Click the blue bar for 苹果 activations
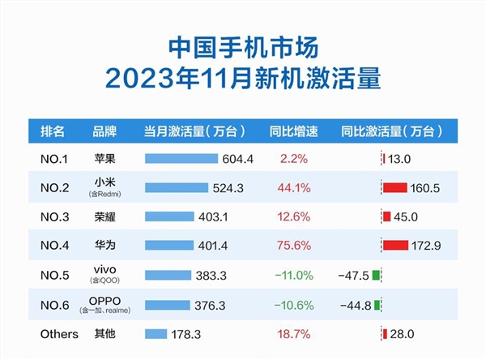pyautogui.click(x=182, y=158)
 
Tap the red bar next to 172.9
pyautogui.click(x=396, y=245)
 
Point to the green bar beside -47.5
pyautogui.click(x=377, y=275)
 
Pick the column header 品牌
pyautogui.click(x=106, y=130)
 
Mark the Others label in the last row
pyautogui.click(x=59, y=334)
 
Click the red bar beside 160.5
pyautogui.click(x=395, y=188)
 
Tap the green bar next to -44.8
pyautogui.click(x=377, y=305)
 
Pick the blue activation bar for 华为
pyautogui.click(x=169, y=245)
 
